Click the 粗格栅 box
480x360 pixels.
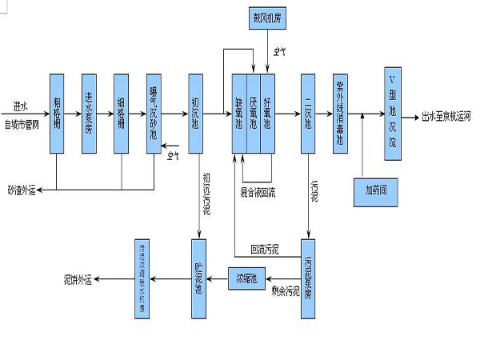click(57, 113)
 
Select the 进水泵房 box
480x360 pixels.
click(90, 113)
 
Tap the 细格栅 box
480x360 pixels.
click(121, 113)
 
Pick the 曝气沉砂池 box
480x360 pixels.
click(154, 113)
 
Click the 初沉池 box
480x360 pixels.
click(196, 113)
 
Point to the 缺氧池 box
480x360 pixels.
click(238, 113)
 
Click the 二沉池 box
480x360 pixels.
click(309, 113)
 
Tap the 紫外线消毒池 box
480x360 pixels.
click(341, 113)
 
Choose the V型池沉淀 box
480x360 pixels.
click(392, 113)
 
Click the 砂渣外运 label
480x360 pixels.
click(22, 190)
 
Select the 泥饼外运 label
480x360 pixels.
click(78, 278)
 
